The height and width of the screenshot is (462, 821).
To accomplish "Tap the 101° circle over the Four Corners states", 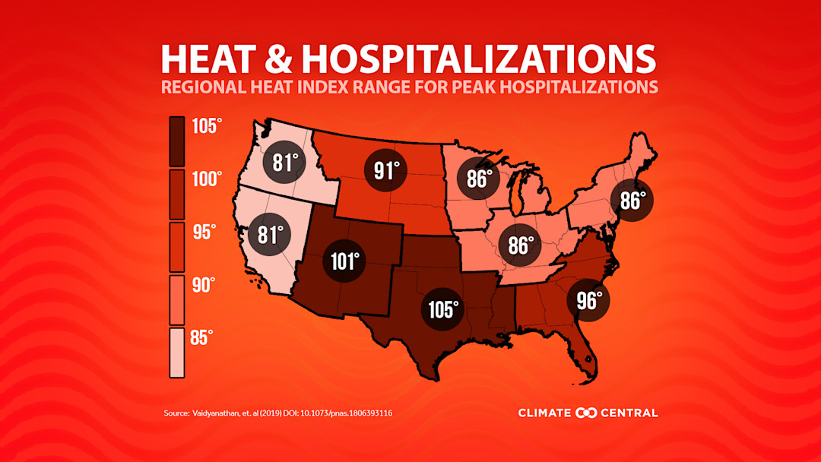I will pos(343,261).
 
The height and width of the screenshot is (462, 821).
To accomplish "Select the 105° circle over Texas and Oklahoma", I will pos(444,309).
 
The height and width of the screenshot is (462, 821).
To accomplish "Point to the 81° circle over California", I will pos(270,234).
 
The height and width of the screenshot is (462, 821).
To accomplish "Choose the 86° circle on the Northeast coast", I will pos(632,201).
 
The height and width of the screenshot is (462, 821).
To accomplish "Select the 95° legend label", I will pos(203,232).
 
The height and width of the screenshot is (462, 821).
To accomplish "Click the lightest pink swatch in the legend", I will pos(176,353).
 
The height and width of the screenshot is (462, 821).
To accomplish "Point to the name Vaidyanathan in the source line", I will pos(221,413).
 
